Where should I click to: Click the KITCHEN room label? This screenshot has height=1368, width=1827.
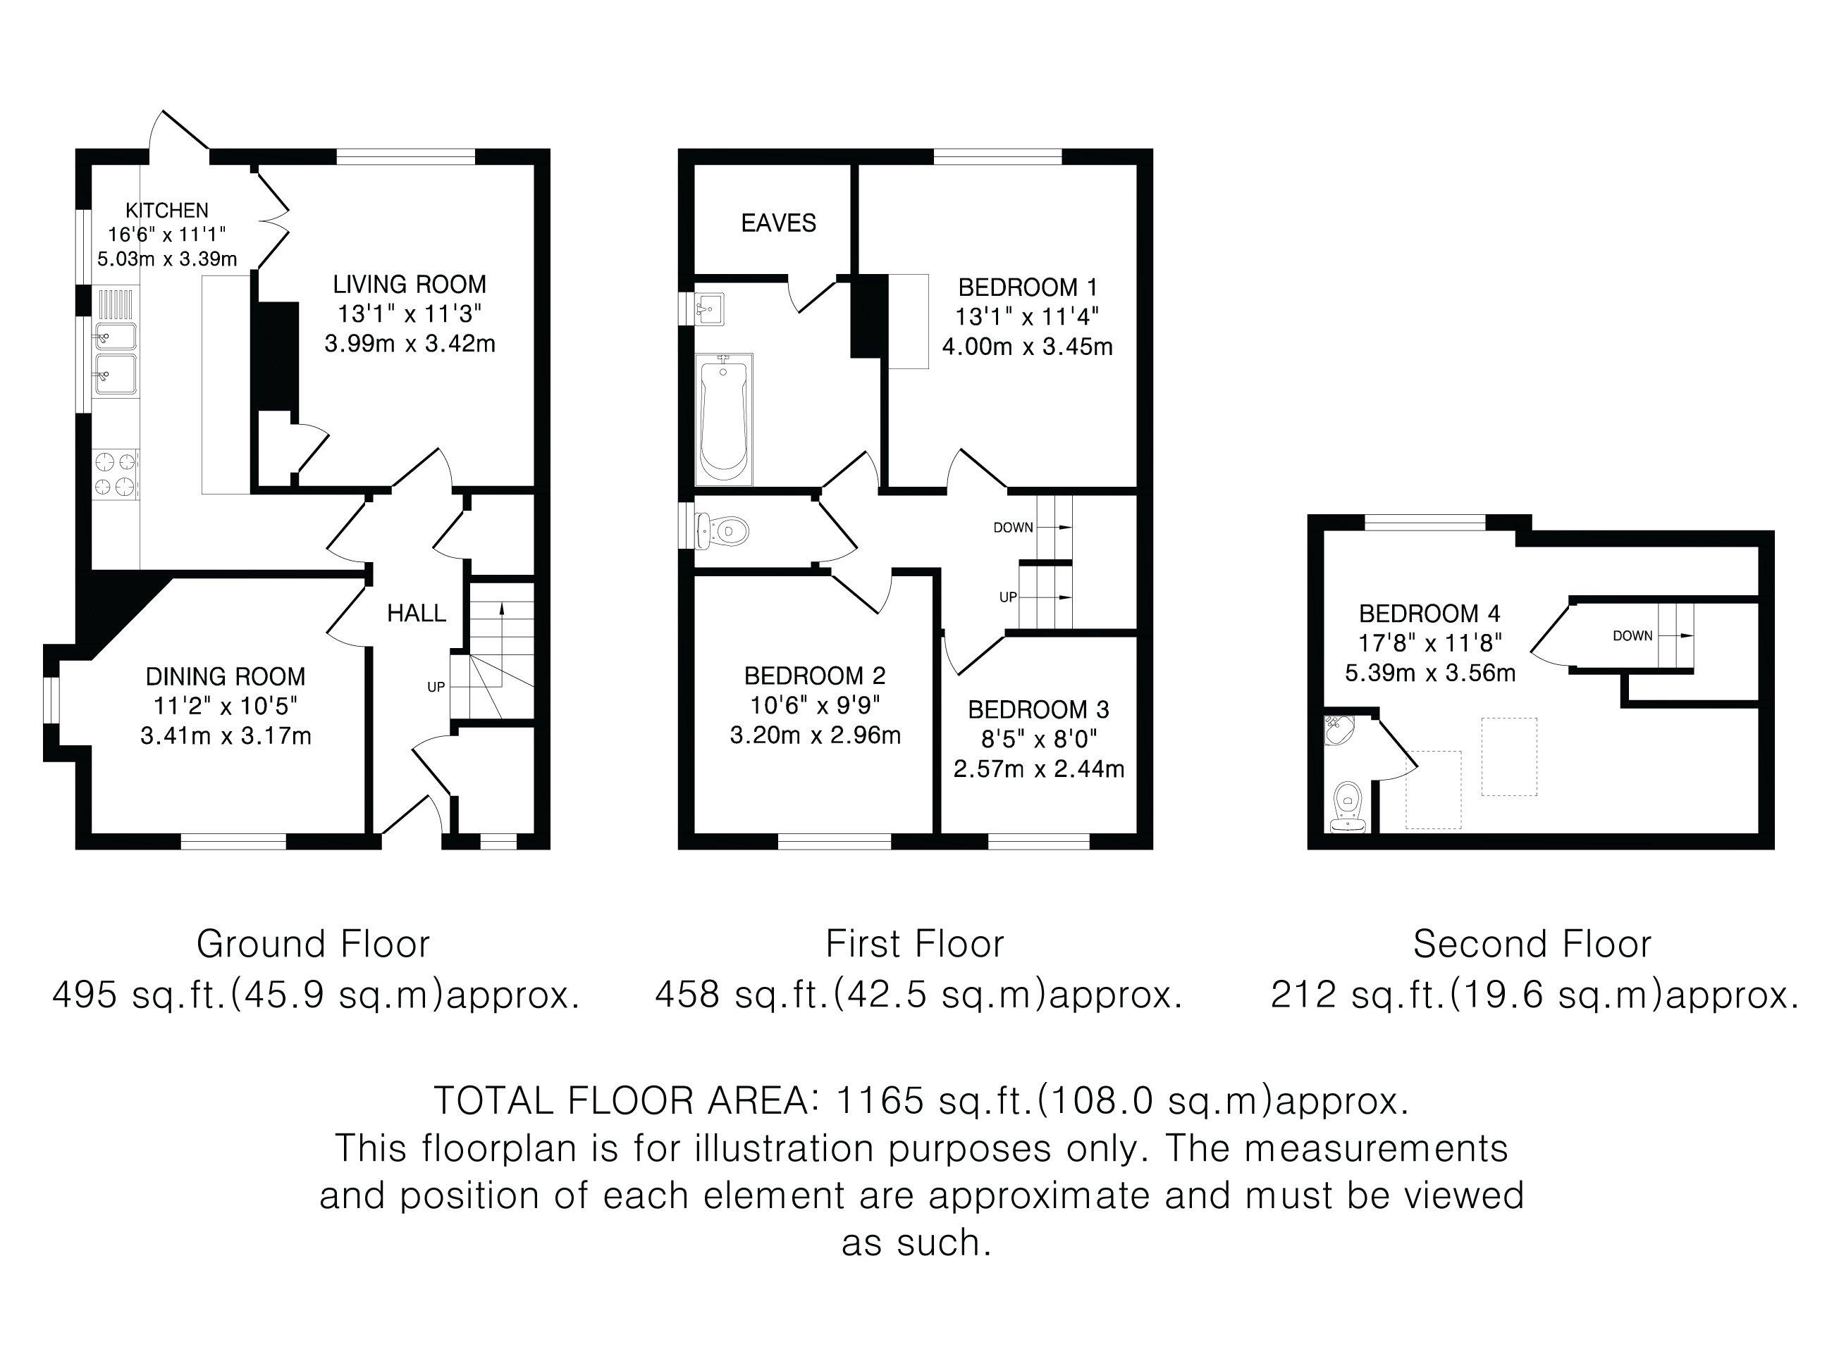click(167, 211)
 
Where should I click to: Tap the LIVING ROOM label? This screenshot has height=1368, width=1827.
click(410, 285)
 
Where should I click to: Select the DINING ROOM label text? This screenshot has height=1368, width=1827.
click(226, 677)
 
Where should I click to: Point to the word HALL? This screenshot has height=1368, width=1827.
click(417, 613)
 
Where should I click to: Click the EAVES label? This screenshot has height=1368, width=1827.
click(779, 223)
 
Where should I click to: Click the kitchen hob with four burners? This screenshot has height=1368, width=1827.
click(116, 474)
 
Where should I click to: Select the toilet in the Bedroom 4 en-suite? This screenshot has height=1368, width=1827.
click(1348, 807)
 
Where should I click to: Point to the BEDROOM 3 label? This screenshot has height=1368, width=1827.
click(1038, 710)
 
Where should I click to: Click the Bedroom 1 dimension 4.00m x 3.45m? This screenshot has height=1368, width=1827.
click(1028, 347)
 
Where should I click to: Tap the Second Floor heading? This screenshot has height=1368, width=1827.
click(1532, 945)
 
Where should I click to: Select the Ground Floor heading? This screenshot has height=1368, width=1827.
click(313, 945)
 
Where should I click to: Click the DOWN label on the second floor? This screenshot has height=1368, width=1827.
click(1633, 635)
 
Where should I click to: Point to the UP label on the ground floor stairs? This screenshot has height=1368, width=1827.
click(436, 687)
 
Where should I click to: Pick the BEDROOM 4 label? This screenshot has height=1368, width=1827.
click(1429, 614)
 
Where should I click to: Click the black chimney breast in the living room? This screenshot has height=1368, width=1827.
click(276, 356)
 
